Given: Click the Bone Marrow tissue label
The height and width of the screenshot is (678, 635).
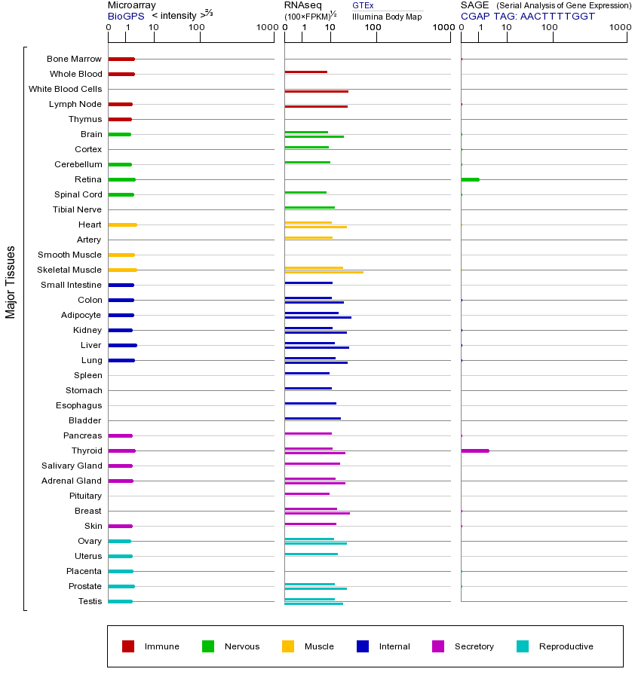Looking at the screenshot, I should (x=74, y=59).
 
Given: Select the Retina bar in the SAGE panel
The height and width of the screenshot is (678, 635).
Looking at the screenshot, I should (x=470, y=179).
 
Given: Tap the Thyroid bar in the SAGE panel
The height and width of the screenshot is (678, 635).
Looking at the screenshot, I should (x=475, y=450).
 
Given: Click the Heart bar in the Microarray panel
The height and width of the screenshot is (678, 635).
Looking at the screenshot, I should (x=122, y=224).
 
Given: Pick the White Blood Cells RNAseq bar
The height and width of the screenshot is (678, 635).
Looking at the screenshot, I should (x=316, y=91).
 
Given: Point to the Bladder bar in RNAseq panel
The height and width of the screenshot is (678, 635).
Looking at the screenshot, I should (x=312, y=418).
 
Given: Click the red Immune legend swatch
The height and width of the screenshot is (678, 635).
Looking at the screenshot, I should (x=128, y=646).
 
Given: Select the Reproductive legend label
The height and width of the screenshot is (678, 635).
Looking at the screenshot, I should (x=566, y=646).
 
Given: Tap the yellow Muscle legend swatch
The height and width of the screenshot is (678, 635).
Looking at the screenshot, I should (x=288, y=646).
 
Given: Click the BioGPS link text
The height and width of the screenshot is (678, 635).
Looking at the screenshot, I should (x=124, y=16).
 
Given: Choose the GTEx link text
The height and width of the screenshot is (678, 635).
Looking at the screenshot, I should (x=363, y=6).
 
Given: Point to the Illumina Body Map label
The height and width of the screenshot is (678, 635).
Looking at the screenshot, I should (x=387, y=17).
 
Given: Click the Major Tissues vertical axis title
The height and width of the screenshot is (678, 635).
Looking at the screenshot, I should (x=11, y=282).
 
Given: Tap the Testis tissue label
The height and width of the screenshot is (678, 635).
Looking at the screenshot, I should (x=90, y=601).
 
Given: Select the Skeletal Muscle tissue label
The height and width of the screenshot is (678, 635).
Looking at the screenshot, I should (x=69, y=270).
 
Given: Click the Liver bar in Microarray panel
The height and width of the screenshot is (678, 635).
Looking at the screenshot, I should (x=122, y=345).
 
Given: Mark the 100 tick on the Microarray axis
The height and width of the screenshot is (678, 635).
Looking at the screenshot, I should (x=197, y=28).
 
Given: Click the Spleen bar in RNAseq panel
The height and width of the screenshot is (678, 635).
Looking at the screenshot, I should (x=307, y=373).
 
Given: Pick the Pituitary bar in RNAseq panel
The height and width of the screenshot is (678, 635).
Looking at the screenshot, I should (x=307, y=493).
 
